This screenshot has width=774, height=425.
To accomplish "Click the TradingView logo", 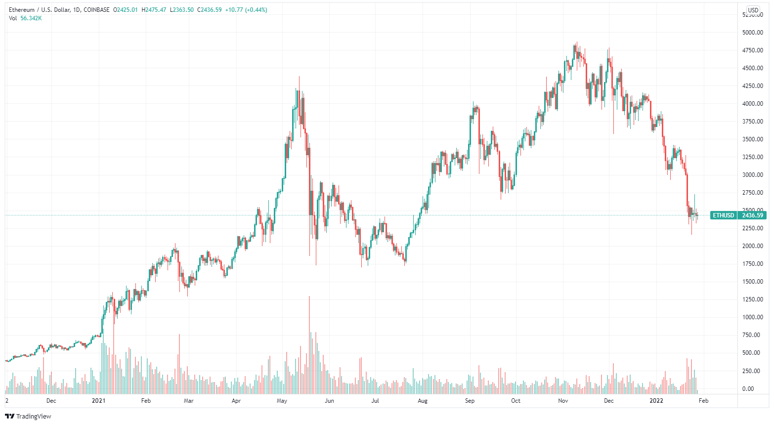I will coord(28,416).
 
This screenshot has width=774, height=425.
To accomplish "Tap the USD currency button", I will coord(753,10).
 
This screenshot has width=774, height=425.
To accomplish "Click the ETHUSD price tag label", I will coord(723,215).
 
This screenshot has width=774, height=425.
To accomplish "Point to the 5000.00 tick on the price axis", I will coord(753,33).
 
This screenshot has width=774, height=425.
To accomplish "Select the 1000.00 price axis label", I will coord(753,317).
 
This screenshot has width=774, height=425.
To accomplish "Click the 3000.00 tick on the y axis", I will coord(753,175).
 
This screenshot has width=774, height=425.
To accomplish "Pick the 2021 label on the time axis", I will coord(99,401).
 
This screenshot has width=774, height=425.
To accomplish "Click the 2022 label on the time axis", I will coord(656,401).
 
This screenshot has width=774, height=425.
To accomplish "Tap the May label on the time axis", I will coord(282,401).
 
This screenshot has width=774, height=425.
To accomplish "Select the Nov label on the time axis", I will coord(563,401).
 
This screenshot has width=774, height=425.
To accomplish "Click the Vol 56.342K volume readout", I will coord(25,18).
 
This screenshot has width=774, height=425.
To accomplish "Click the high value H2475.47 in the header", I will coord(153,10).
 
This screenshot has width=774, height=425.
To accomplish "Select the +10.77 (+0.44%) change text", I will coord(246,10).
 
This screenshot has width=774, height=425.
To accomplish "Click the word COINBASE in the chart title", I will coord(97,10).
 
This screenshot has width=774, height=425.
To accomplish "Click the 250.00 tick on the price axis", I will coord(753,371).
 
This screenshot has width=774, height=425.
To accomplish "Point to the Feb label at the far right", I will coord(703,401).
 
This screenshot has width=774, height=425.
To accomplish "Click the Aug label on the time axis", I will coord(422,401).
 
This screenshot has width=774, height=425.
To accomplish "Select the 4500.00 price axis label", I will coord(753,68).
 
